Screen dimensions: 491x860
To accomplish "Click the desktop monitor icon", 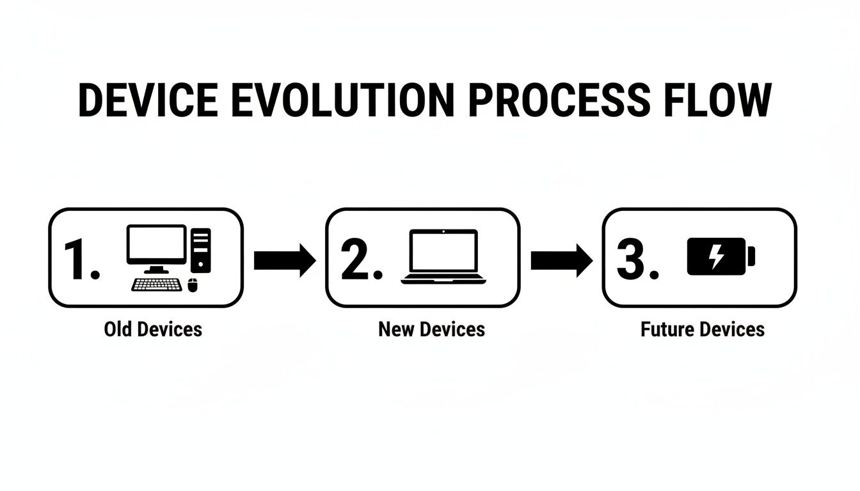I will point(156,246).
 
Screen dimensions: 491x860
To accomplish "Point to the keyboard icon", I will point(156,284).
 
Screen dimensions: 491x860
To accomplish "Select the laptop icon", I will point(444,256).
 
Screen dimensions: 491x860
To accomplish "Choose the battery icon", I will point(721,256).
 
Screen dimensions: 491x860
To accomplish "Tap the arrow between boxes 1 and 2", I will point(284,260).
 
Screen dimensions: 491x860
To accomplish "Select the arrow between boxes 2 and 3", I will point(561,260).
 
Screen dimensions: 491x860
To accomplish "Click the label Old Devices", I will point(153,329).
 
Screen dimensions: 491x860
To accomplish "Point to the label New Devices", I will point(431,329).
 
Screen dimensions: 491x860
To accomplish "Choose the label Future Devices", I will point(703,329).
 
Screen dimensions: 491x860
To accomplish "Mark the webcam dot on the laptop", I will point(444,233).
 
